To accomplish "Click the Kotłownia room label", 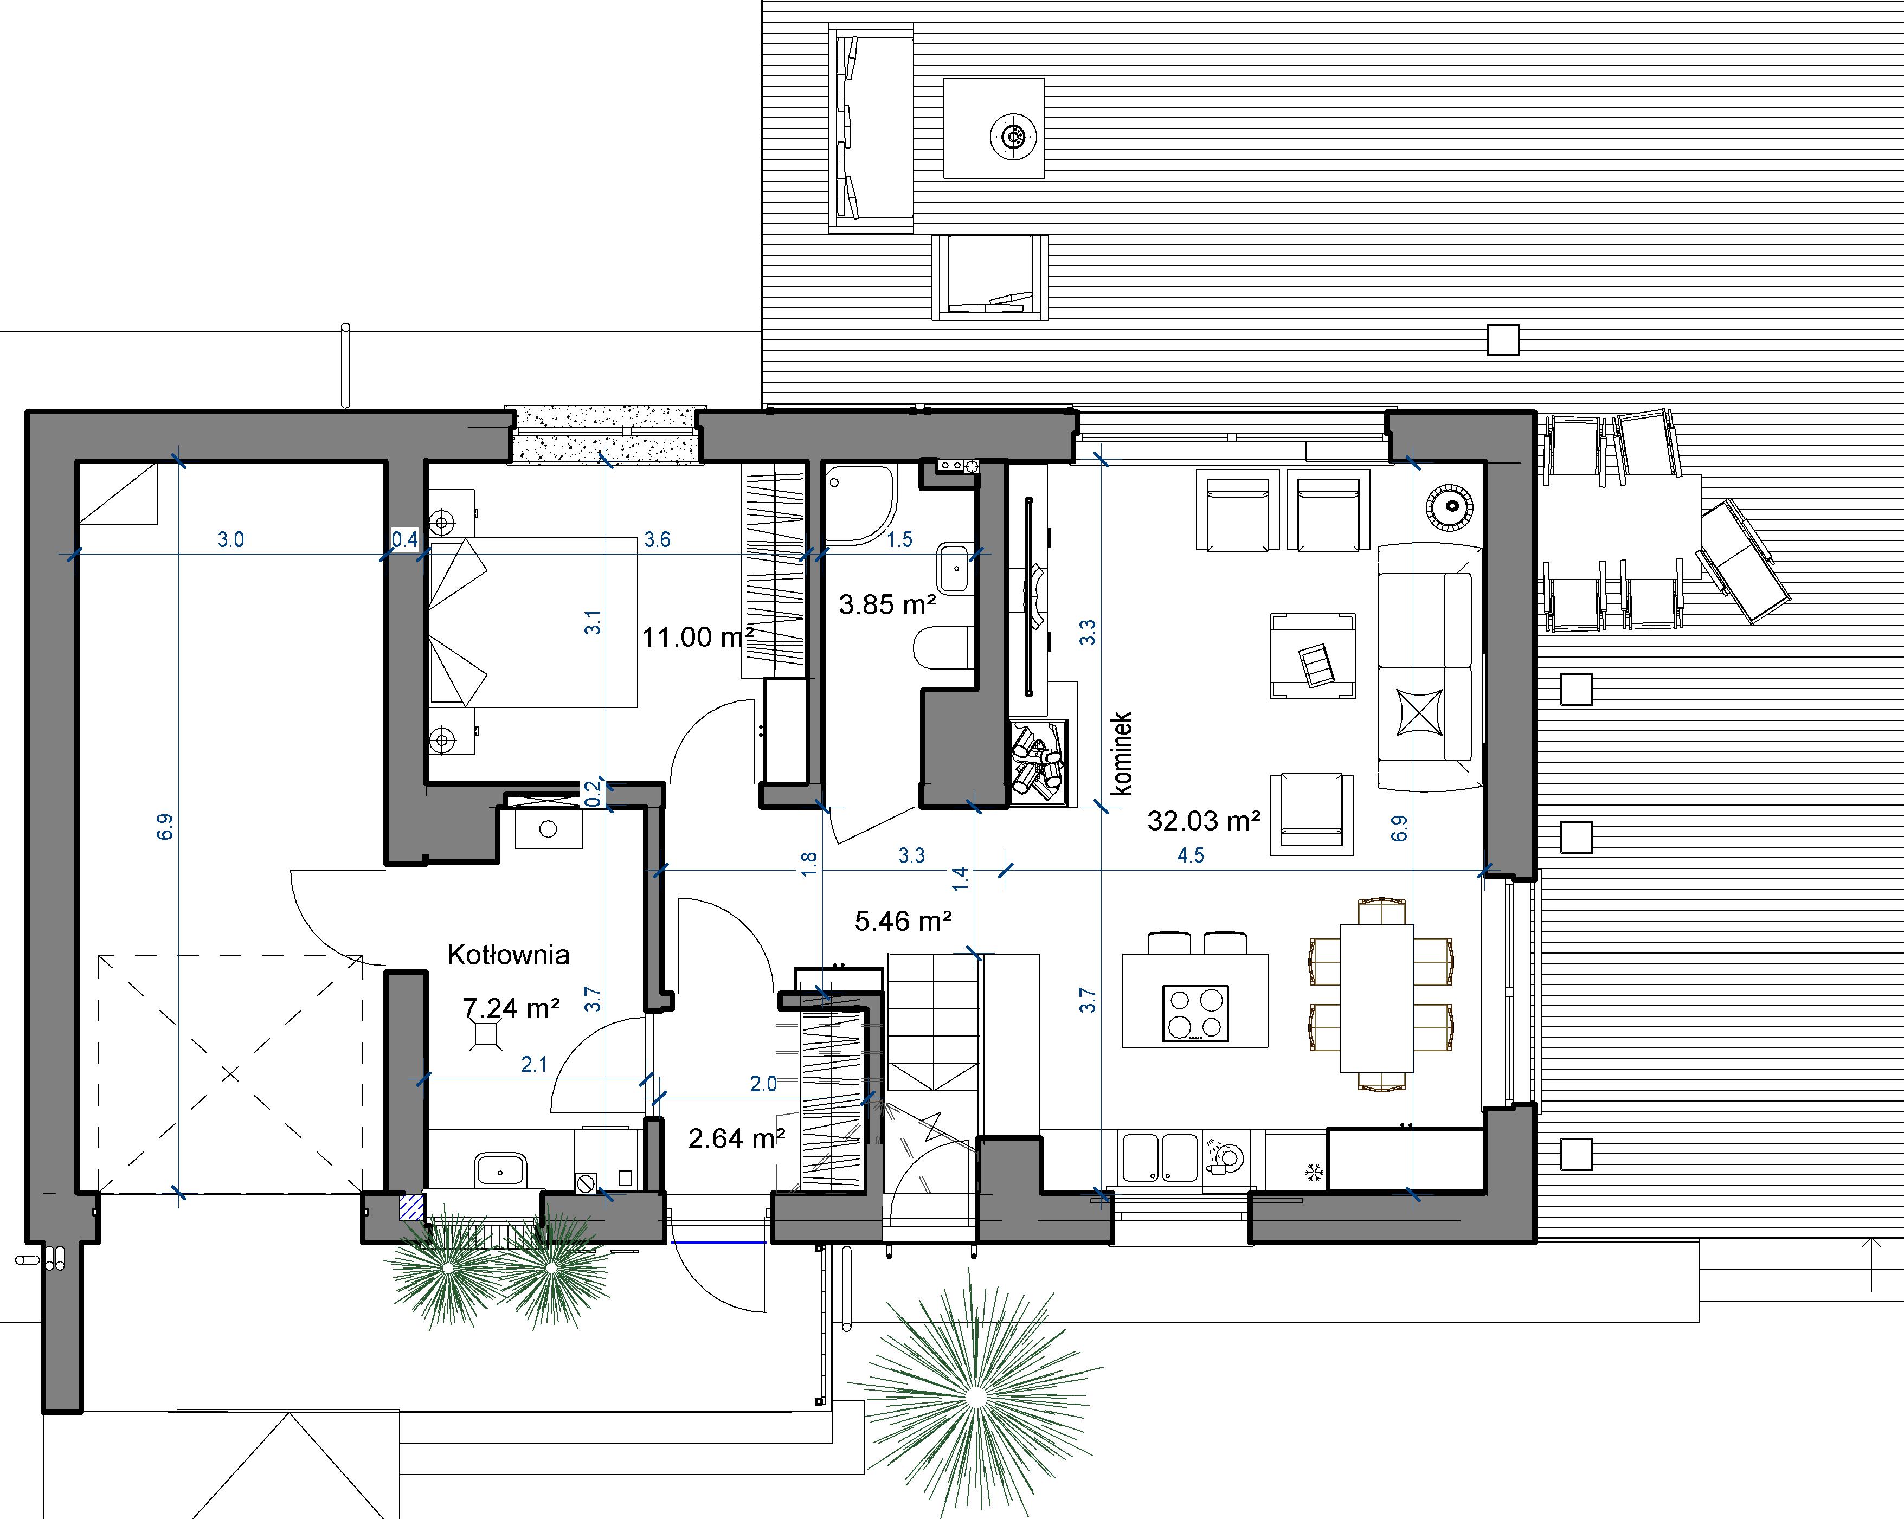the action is [508, 955].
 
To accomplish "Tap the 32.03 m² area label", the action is [1203, 821].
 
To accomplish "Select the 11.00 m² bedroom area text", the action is [698, 637].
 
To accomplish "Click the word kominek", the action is [1122, 754].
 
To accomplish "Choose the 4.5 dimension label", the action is [1191, 855].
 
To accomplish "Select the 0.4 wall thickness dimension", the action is [404, 539].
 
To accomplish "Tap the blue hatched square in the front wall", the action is [411, 1207].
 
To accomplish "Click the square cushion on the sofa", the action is [1419, 712].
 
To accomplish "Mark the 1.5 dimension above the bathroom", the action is [900, 539].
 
